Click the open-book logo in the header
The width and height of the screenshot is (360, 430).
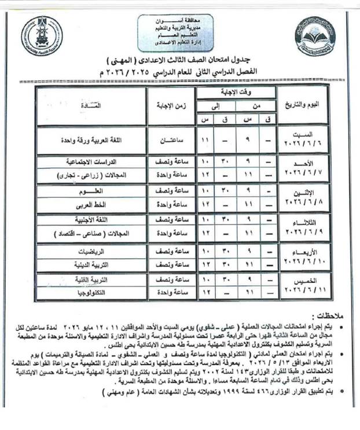pos(315,36)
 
